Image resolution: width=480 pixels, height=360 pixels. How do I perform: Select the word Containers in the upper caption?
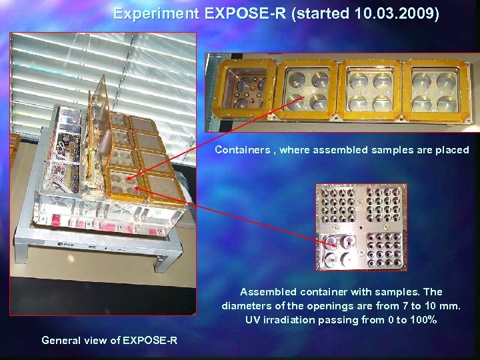click(243, 150)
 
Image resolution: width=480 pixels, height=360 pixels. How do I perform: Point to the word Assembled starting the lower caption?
click(269, 292)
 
